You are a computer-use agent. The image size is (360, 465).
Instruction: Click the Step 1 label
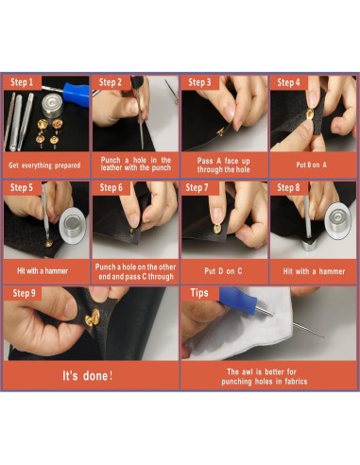point(22,82)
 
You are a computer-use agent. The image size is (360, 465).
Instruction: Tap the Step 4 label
point(288,82)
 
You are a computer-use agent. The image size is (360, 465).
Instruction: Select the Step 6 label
point(111,188)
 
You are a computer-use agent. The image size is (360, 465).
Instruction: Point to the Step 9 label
point(24,293)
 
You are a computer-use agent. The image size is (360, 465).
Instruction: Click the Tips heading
point(199,293)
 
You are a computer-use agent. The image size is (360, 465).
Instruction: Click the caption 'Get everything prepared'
point(44,165)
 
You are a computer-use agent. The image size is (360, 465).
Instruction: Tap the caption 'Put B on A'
point(311,164)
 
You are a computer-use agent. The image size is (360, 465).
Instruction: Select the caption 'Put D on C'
point(223,271)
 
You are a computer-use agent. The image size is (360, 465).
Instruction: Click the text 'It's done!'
point(88,376)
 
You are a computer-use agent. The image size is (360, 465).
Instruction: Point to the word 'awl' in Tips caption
point(247,371)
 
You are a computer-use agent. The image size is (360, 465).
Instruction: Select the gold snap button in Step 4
point(310,113)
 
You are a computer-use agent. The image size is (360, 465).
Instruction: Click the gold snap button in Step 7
point(217,228)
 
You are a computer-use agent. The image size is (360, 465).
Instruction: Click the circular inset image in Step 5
point(72,226)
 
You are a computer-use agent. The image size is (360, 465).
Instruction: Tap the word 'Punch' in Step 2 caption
point(111,160)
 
